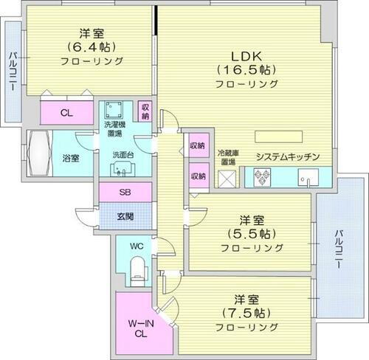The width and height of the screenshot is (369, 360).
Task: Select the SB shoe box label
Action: tap(125, 192)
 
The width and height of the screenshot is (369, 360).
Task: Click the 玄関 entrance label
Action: tap(125, 215)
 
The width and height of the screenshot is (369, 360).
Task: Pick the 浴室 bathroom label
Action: tap(71, 157)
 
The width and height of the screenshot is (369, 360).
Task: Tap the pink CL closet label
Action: tap(66, 113)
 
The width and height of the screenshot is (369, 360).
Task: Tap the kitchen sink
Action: tap(308, 177)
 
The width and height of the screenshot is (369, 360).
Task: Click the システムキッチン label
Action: tap(287, 157)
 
